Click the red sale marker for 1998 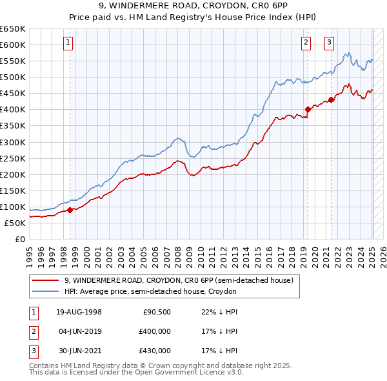[70, 210]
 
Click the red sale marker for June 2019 [308, 109]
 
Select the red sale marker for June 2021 [331, 99]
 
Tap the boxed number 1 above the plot [68, 43]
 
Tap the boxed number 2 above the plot [306, 43]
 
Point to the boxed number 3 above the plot [329, 43]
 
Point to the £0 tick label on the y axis [20, 240]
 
